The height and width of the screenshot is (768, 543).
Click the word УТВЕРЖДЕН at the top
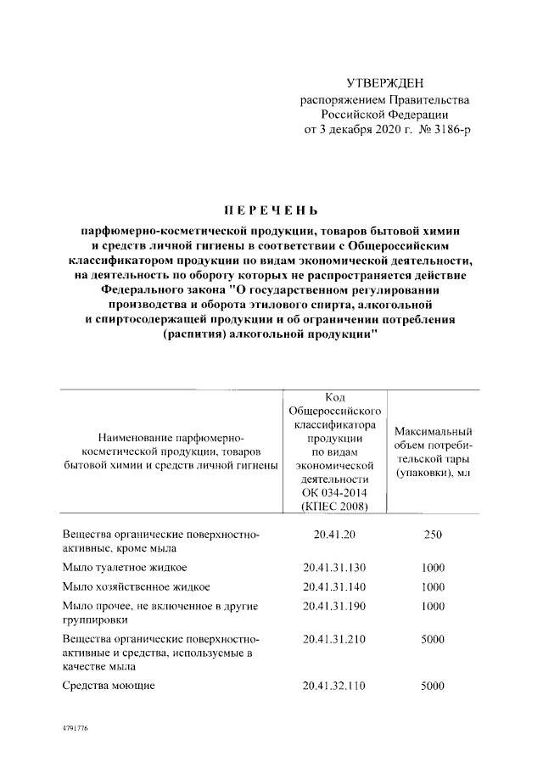pyautogui.click(x=384, y=83)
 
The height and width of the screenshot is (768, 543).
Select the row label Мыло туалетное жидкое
pyautogui.click(x=125, y=566)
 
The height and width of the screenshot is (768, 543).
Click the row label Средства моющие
pyautogui.click(x=109, y=686)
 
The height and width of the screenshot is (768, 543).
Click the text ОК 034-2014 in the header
pyautogui.click(x=334, y=492)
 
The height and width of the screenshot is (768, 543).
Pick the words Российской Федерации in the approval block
pyautogui.click(x=384, y=115)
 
